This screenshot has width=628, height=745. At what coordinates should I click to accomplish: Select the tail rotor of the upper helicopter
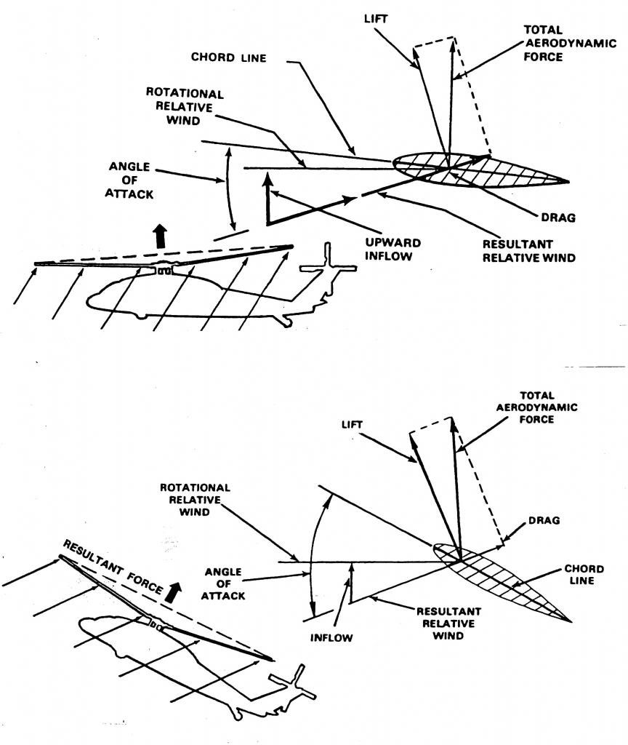coord(329,266)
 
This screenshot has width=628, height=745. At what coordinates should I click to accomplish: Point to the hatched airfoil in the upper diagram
coord(480,172)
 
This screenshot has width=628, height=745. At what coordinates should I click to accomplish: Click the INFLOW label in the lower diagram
coord(334,638)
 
